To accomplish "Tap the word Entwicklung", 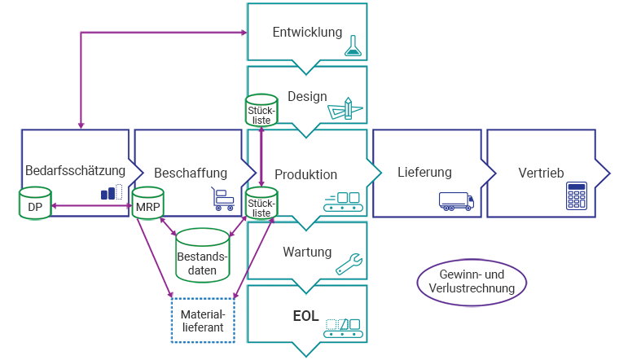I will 306,32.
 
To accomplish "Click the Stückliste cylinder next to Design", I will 261,112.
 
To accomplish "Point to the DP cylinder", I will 35,204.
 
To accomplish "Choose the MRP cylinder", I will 148,204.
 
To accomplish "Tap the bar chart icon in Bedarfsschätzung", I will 112,192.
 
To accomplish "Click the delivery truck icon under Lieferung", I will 454,200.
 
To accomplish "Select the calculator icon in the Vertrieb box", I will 577,198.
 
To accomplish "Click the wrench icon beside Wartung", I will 349,261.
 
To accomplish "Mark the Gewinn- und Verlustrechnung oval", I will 472,282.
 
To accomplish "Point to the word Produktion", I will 306,174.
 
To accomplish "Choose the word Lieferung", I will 424,173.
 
